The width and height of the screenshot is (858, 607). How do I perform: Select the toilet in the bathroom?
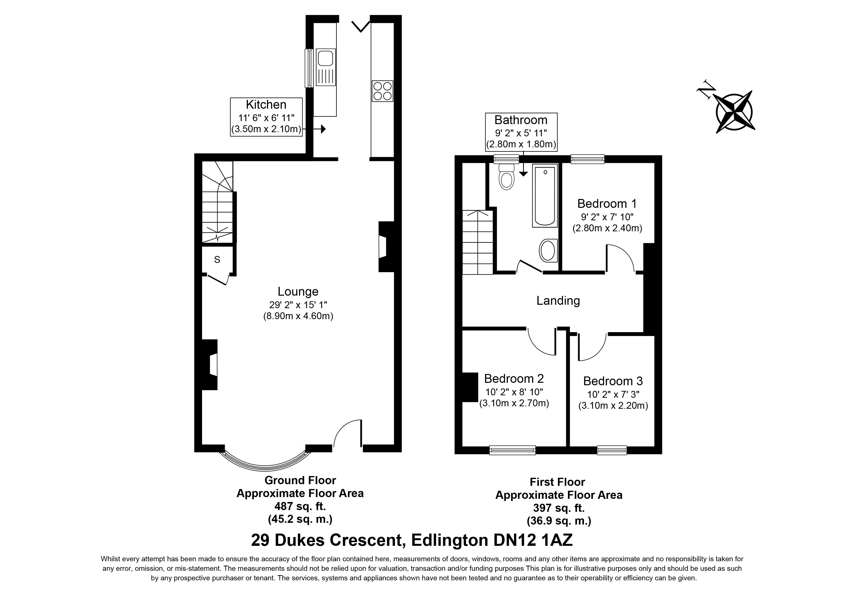tap(507, 177)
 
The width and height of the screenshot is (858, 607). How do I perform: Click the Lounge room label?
tap(298, 292)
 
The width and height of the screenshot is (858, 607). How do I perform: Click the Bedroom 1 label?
tap(607, 204)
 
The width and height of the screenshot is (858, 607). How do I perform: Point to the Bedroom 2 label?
tap(514, 379)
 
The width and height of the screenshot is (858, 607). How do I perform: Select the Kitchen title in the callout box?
tap(266, 105)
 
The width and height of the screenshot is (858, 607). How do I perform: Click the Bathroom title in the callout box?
tap(521, 120)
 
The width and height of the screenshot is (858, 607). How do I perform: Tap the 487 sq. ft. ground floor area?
tap(300, 506)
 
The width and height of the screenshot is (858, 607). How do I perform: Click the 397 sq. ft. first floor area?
tap(559, 508)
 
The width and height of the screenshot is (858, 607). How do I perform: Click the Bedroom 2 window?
tap(512, 450)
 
